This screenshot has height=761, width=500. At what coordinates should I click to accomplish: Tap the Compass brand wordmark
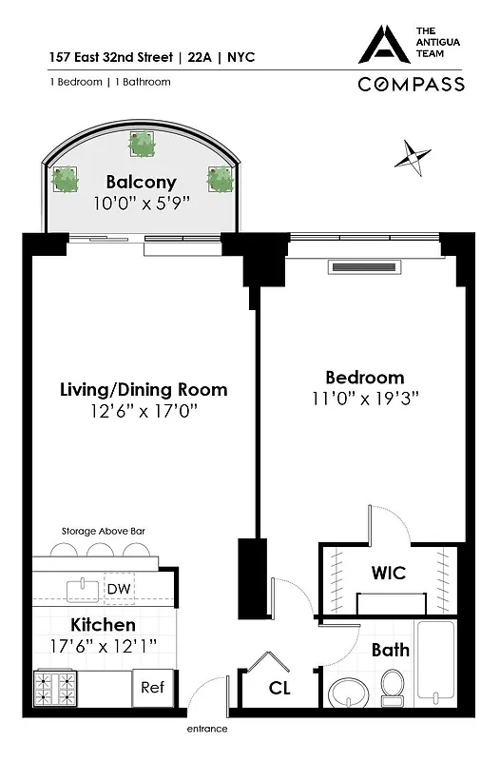[x=411, y=84]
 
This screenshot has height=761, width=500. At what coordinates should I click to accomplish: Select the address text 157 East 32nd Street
[x=108, y=57]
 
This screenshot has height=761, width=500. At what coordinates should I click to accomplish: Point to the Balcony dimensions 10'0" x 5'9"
[x=142, y=203]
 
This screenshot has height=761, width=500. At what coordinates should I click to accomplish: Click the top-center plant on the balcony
[x=143, y=145]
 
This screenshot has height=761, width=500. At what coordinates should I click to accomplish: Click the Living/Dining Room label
[x=144, y=390]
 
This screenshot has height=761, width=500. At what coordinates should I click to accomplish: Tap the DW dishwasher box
[x=119, y=590]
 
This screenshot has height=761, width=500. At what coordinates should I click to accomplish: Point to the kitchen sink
[x=81, y=588]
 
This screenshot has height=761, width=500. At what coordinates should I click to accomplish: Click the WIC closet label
[x=388, y=573]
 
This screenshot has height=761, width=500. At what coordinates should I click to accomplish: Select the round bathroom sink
[x=345, y=691]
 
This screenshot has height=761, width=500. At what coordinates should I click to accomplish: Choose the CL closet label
[x=279, y=688]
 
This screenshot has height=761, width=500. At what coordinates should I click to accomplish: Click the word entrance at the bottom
[x=206, y=729]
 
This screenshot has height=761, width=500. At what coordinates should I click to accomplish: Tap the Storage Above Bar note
[x=104, y=531]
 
